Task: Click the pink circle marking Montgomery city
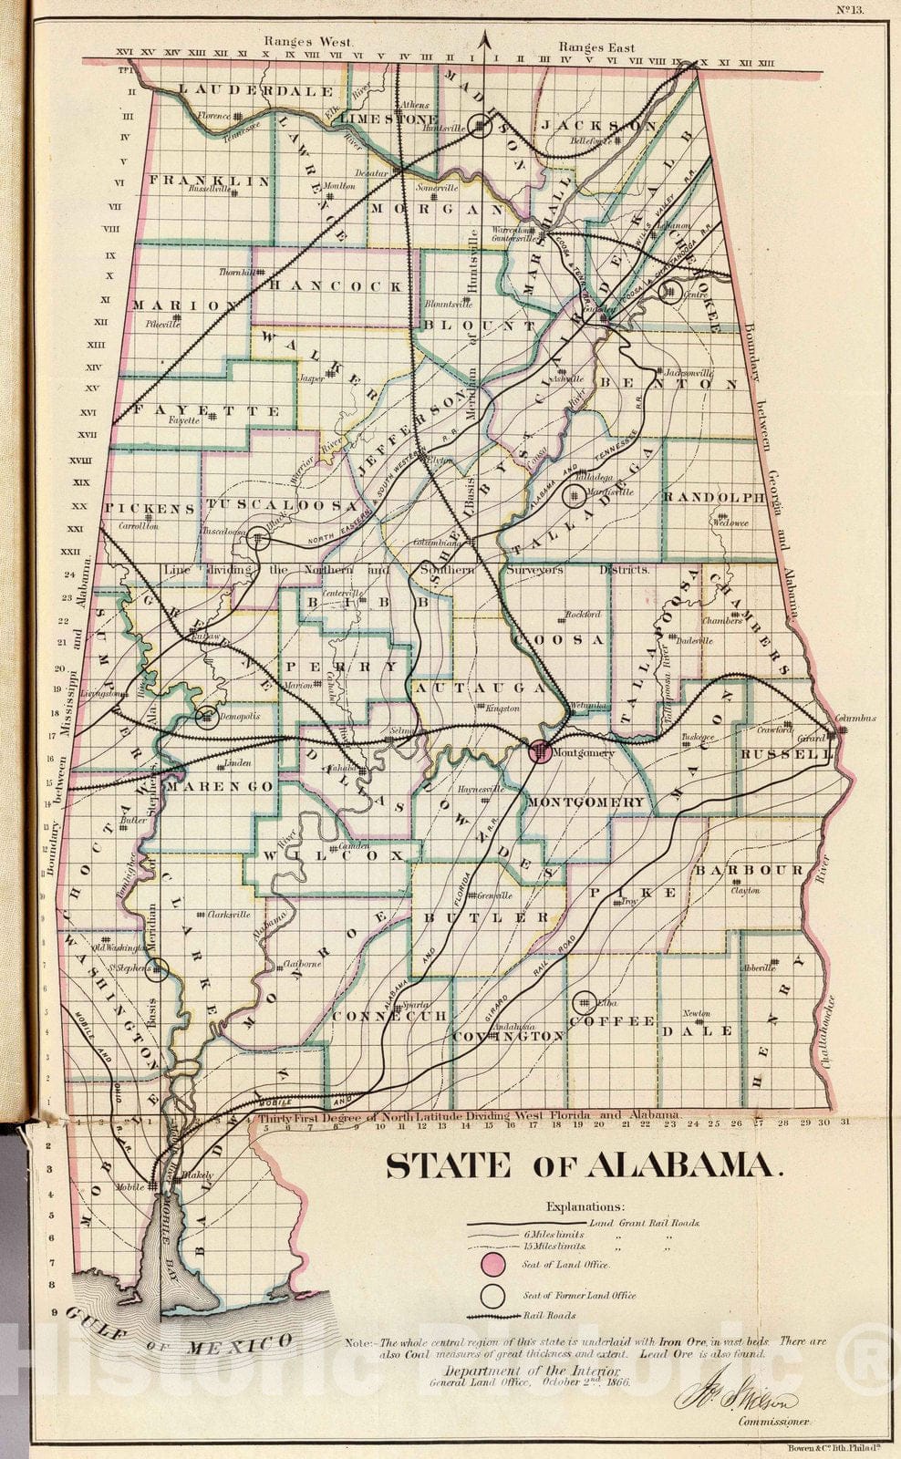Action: click(540, 752)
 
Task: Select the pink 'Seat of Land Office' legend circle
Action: click(493, 1265)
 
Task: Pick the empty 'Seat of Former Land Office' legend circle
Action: click(493, 1296)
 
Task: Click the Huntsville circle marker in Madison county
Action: click(482, 127)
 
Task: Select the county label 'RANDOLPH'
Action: click(713, 497)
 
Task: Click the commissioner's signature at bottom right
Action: click(735, 1400)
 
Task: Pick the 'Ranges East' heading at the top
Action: click(596, 47)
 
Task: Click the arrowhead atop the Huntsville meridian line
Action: click(485, 37)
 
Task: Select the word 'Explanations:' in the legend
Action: click(585, 1205)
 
